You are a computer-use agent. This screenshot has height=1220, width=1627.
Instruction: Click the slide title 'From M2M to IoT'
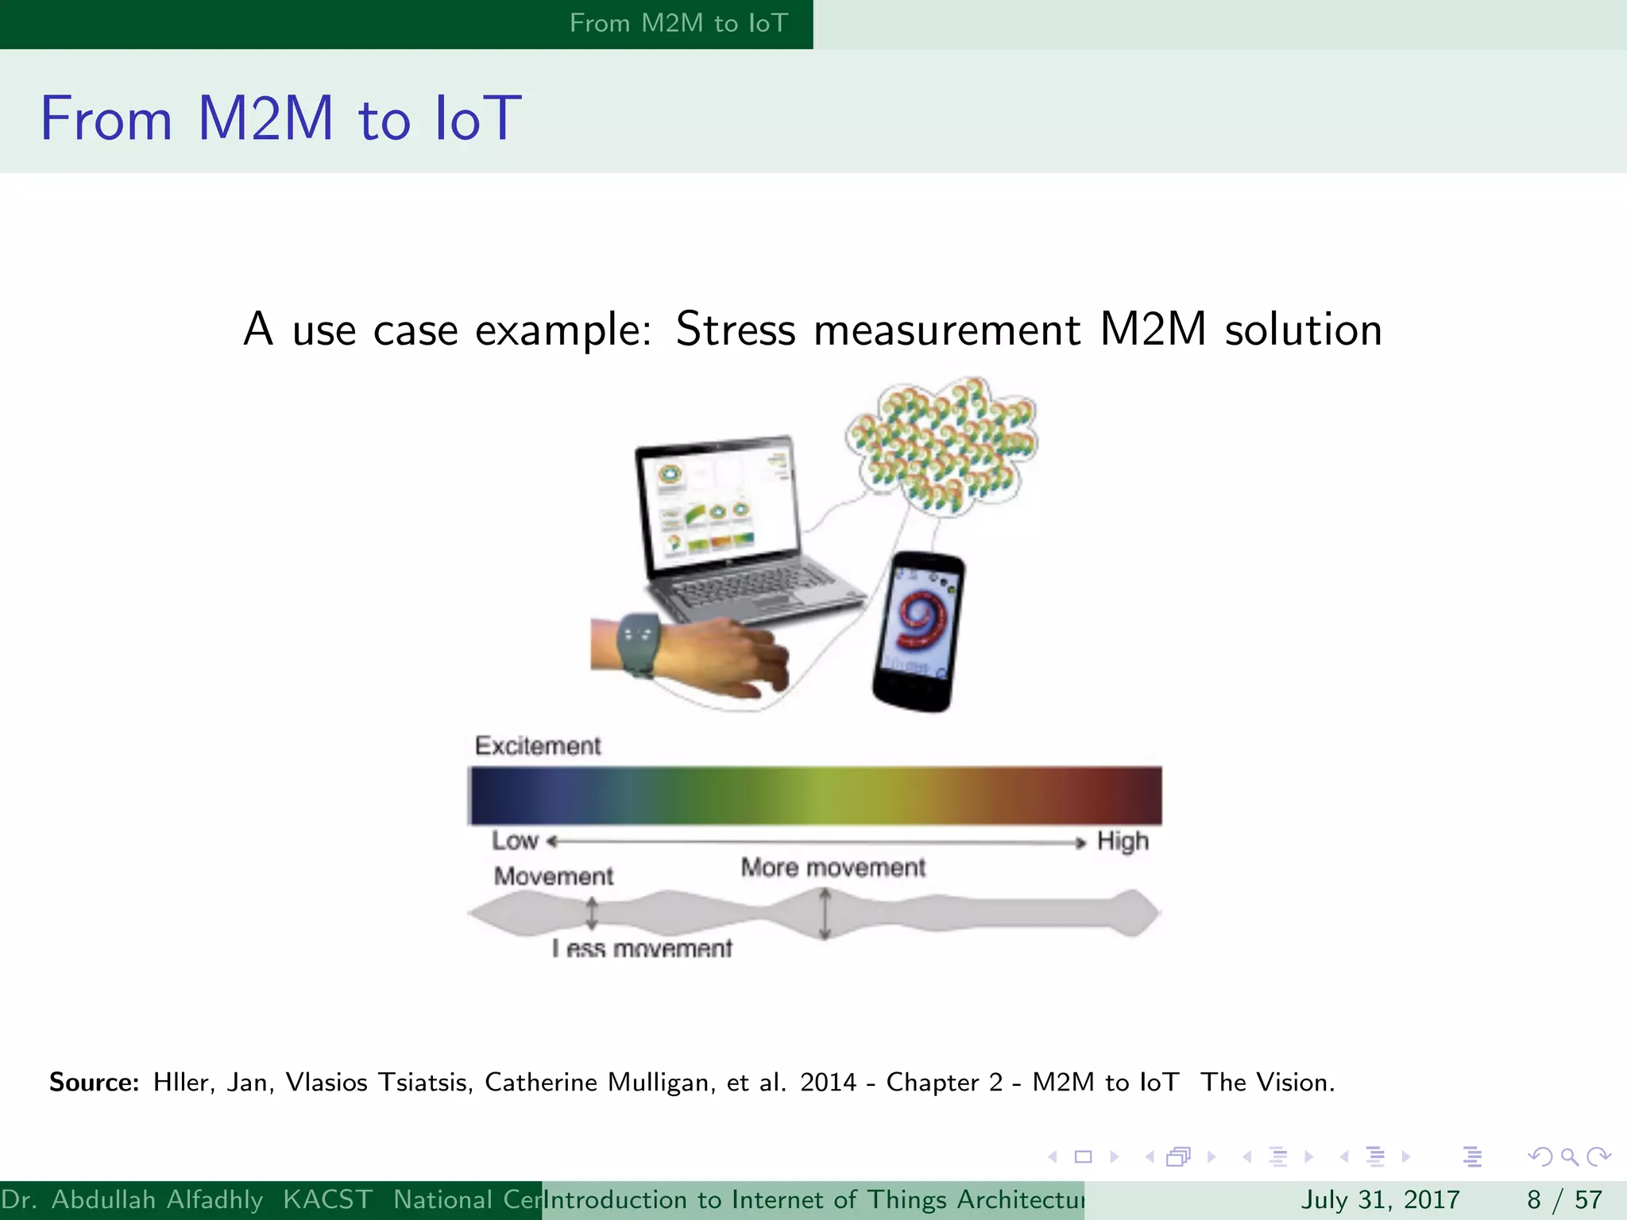pyautogui.click(x=280, y=119)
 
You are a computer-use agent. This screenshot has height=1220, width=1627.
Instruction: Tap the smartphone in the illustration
pyautogui.click(x=920, y=631)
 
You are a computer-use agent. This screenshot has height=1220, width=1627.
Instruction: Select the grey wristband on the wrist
pyautogui.click(x=638, y=643)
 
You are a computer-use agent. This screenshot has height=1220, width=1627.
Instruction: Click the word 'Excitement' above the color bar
pyautogui.click(x=538, y=746)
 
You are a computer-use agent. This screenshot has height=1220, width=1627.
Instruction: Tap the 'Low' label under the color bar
pyautogui.click(x=515, y=840)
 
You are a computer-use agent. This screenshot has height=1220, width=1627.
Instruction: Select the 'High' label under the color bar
pyautogui.click(x=1123, y=840)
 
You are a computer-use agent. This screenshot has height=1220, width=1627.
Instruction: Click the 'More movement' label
pyautogui.click(x=833, y=867)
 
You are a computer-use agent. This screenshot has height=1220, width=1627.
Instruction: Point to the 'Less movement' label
pyautogui.click(x=642, y=948)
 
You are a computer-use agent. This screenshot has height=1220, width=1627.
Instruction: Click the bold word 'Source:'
pyautogui.click(x=95, y=1083)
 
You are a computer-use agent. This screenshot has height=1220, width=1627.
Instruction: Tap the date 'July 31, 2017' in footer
pyautogui.click(x=1380, y=1199)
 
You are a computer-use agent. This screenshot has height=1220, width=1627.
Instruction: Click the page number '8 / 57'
pyautogui.click(x=1564, y=1199)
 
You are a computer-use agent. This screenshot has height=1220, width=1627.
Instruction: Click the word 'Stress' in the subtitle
pyautogui.click(x=735, y=330)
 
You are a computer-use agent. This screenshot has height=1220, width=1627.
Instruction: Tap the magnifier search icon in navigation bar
pyautogui.click(x=1569, y=1156)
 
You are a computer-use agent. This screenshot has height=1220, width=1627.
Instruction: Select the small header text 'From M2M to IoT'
pyautogui.click(x=678, y=23)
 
